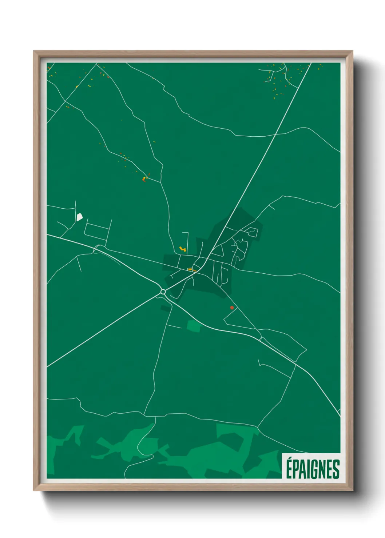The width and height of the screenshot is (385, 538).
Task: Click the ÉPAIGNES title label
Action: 312,469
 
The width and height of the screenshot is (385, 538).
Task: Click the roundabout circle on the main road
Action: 163,292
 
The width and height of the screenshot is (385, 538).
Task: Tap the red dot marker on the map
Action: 232,308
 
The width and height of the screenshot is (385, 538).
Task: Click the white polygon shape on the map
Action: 79,217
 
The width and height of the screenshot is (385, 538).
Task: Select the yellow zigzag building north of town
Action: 183,249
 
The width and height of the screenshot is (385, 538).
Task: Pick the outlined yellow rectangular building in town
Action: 190,269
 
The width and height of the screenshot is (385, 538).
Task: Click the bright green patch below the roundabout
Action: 194,326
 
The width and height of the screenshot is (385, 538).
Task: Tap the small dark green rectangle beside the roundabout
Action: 166,309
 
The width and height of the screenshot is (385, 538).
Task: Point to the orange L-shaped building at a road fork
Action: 144,178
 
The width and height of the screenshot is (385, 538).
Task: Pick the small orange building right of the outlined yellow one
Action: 195,270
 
